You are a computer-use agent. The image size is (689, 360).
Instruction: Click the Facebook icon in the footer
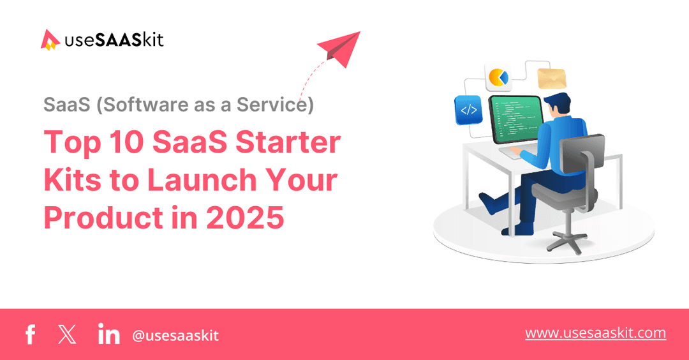click(x=29, y=334)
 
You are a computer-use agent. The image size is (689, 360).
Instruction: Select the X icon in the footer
click(x=66, y=334)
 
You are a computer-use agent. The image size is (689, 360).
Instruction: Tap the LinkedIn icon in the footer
click(x=108, y=334)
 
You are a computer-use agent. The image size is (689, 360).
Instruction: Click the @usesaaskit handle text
click(x=175, y=335)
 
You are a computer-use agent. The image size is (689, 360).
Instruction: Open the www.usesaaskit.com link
click(x=595, y=333)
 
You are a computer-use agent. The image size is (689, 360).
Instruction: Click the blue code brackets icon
click(x=468, y=110)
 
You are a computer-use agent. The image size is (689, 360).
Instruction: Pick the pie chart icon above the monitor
click(x=498, y=78)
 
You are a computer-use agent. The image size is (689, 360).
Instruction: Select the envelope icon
click(x=552, y=79)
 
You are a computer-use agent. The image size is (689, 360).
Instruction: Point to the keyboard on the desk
click(x=511, y=153)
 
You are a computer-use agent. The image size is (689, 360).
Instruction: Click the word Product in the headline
click(x=103, y=218)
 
